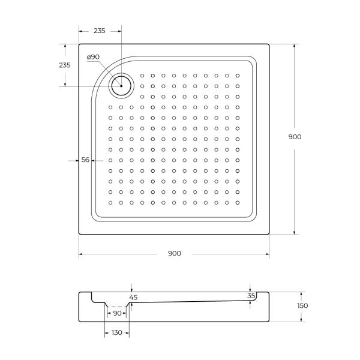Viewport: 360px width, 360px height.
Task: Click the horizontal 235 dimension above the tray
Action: tap(100, 31)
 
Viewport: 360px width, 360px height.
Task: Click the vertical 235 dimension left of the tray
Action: tap(65, 65)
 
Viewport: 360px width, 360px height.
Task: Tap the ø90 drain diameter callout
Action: tap(93, 57)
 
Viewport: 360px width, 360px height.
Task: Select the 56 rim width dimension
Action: tap(85, 160)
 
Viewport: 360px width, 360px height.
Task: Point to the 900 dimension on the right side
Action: tap(295, 137)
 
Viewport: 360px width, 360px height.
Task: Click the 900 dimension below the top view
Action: tap(175, 253)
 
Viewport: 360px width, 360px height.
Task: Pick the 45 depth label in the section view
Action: tap(133, 298)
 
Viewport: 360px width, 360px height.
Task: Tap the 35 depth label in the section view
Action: tap(251, 296)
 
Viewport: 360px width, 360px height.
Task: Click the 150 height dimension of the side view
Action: tap(302, 305)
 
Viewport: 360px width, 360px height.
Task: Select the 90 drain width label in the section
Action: tap(118, 313)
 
